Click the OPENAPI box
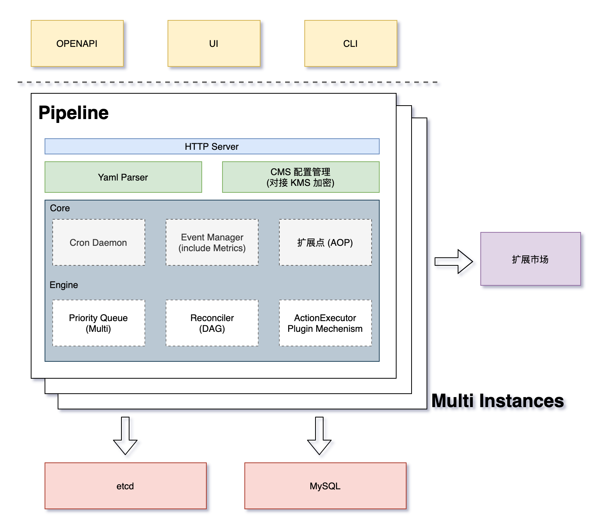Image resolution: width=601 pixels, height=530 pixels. click(77, 43)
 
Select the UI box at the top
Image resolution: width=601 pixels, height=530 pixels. click(214, 43)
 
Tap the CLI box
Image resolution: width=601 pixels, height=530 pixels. click(350, 43)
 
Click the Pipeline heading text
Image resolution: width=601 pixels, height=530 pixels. click(73, 113)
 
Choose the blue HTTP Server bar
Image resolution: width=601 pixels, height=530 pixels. click(212, 146)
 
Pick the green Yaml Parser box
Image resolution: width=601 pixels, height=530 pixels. click(123, 177)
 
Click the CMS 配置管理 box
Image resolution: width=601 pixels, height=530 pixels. click(300, 177)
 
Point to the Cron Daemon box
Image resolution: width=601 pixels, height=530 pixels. click(98, 242)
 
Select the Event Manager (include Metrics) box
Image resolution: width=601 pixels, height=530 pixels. click(212, 242)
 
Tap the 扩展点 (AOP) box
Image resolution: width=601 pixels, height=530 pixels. click(325, 242)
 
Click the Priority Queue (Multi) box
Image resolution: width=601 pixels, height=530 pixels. click(98, 323)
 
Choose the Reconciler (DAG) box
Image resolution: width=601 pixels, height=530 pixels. click(212, 323)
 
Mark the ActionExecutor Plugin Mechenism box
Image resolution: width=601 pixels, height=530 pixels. click(325, 323)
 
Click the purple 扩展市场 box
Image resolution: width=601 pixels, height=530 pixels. click(530, 259)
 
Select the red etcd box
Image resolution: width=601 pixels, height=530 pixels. click(125, 486)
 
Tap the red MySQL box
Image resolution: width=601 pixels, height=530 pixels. click(325, 486)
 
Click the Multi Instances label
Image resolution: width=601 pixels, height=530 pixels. click(498, 401)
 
